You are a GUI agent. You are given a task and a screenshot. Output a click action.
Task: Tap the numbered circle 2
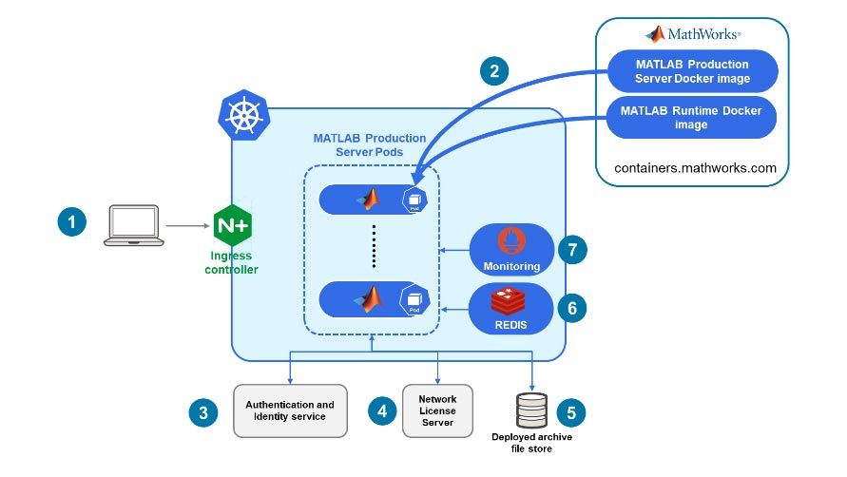(x=492, y=70)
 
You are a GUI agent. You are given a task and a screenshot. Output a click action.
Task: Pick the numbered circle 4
(x=381, y=411)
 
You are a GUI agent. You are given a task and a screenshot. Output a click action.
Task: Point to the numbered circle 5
(x=571, y=411)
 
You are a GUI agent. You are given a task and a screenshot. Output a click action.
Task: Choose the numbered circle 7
(x=571, y=250)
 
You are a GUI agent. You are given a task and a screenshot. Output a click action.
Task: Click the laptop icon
(x=131, y=224)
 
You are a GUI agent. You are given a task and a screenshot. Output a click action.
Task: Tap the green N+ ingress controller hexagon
(x=233, y=226)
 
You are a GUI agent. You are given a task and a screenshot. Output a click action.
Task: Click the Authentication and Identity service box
(x=290, y=410)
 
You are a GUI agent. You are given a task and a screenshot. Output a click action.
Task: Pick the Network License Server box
(x=438, y=410)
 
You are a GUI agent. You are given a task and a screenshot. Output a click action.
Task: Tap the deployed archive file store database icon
(x=531, y=410)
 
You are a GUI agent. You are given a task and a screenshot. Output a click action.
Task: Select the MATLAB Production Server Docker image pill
(x=692, y=70)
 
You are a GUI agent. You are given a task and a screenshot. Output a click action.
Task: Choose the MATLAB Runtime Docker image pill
(x=691, y=117)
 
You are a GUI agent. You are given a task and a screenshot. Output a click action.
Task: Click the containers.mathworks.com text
(x=695, y=168)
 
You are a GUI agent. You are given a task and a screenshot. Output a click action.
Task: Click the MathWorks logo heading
(x=693, y=34)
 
